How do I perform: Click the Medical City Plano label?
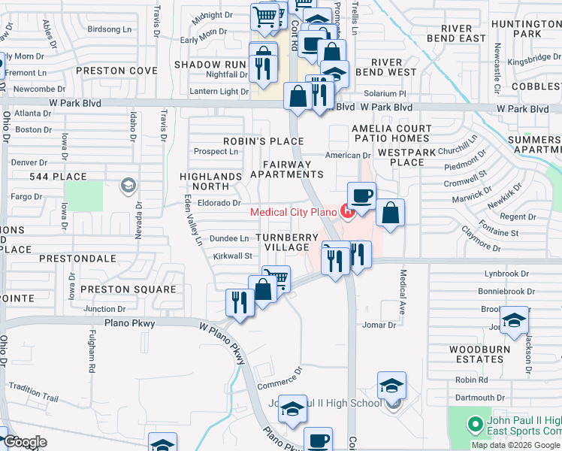tap(294, 211)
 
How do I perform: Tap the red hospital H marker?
tap(346, 211)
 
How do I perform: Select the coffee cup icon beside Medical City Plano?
tap(361, 195)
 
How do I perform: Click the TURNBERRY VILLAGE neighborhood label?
tap(286, 243)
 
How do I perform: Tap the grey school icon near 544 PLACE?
tap(128, 186)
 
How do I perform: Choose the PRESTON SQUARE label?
tap(128, 289)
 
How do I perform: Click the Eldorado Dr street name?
tap(219, 203)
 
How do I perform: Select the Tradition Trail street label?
tap(33, 390)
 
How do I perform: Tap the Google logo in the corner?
tap(24, 442)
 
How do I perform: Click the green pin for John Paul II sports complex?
tap(474, 425)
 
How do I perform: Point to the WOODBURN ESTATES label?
tap(479, 354)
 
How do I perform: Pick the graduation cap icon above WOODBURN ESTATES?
tap(514, 319)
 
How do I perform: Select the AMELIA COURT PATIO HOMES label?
tap(391, 133)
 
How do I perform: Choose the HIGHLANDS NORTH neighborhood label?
tap(210, 181)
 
